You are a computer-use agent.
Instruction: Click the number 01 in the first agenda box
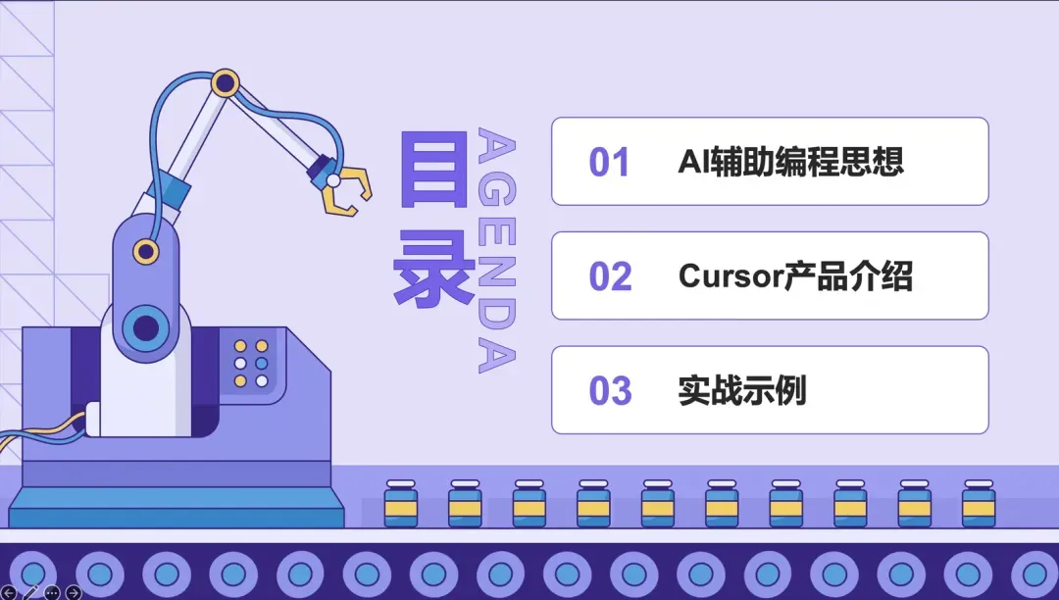pos(609,162)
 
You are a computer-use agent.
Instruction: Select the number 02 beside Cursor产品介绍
pos(610,276)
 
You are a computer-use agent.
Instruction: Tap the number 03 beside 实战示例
pos(610,391)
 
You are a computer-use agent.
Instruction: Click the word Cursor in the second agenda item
pos(730,276)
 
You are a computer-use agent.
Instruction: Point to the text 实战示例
pos(741,391)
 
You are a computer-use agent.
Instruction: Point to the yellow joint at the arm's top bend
pos(226,82)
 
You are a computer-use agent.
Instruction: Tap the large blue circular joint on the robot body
pos(146,325)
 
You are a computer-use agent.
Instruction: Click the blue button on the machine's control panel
pos(262,363)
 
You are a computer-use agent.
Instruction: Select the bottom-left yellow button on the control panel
pos(240,379)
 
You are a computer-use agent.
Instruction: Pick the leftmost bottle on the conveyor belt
pos(400,504)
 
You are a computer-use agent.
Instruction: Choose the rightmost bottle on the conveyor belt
pos(979,504)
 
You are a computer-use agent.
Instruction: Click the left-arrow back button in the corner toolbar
pos(9,592)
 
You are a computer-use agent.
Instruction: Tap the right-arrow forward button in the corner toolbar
pos(73,592)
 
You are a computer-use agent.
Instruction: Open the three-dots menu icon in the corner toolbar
pos(52,592)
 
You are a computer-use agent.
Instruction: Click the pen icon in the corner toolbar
pos(30,592)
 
